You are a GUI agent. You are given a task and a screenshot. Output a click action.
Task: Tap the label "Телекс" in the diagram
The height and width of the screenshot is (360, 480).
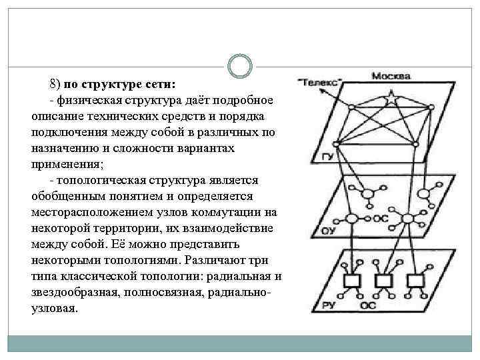tap(321, 83)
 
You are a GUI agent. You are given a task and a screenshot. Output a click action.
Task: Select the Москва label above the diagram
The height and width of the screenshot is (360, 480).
tap(390, 75)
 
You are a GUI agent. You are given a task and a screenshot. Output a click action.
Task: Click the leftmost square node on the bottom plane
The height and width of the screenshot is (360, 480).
tap(349, 279)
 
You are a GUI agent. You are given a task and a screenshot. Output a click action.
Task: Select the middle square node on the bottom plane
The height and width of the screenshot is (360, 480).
tap(382, 279)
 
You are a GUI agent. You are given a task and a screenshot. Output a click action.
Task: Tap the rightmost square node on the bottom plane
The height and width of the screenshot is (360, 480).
tap(416, 279)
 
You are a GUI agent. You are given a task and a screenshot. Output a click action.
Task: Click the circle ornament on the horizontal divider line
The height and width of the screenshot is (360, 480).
tap(239, 67)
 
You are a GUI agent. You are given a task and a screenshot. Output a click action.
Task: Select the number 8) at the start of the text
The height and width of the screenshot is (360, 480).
tap(55, 85)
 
